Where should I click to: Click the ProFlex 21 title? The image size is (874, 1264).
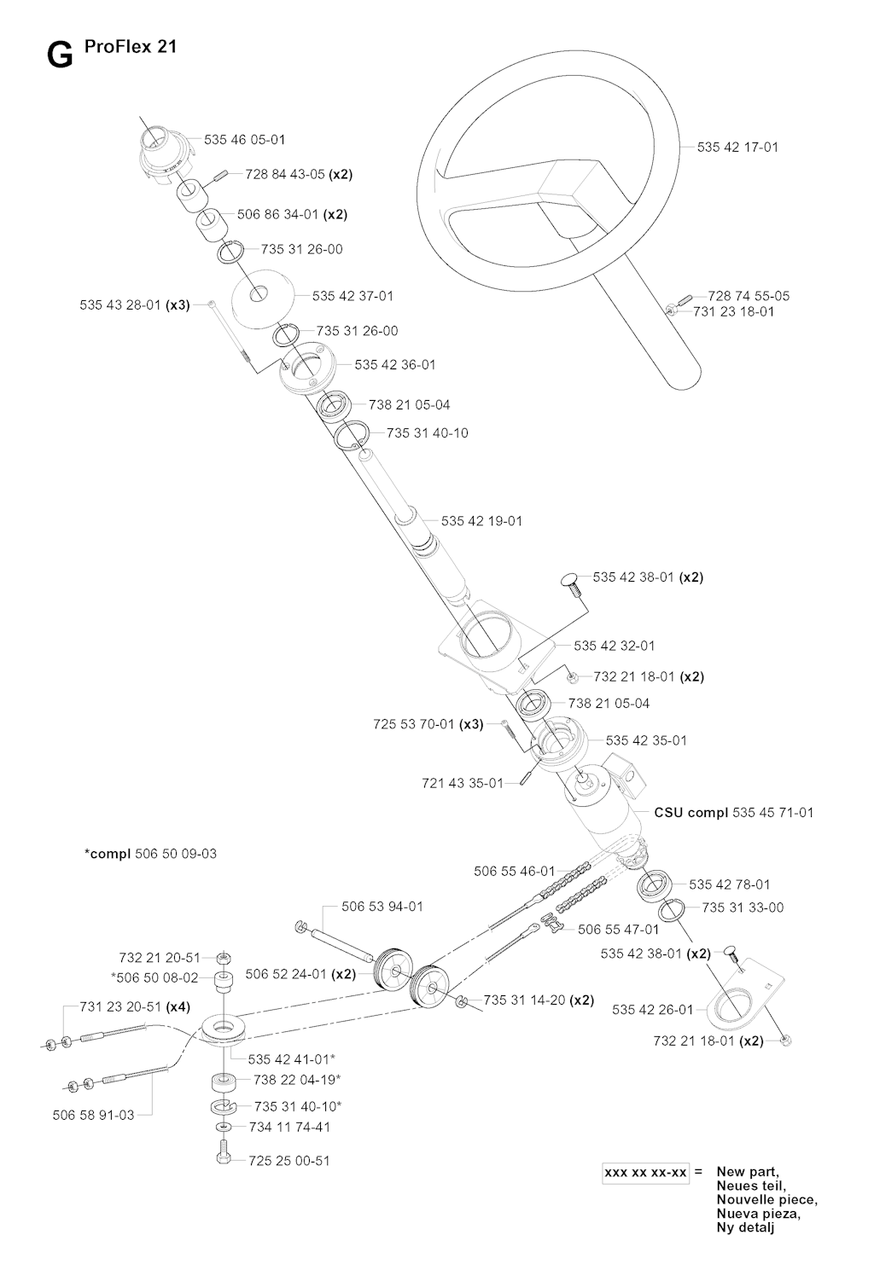tap(131, 46)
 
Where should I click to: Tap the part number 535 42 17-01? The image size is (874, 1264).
tap(737, 148)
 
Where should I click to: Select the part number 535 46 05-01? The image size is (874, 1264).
tap(244, 139)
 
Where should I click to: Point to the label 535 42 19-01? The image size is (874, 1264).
tap(481, 521)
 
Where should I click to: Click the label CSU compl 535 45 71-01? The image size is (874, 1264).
tap(734, 813)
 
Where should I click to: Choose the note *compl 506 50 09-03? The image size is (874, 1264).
tap(150, 853)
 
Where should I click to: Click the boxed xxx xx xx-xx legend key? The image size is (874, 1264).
tap(645, 1173)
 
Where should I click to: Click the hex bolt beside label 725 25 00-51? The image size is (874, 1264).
tap(224, 1154)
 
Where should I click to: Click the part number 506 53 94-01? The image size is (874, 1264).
tap(382, 907)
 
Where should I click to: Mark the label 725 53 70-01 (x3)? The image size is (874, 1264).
tap(428, 724)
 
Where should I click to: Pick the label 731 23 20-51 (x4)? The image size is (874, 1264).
tap(135, 1006)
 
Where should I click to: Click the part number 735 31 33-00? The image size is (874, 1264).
tap(743, 907)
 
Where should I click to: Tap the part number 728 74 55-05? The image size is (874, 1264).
tap(749, 296)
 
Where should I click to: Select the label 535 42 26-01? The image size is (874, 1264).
tap(653, 1010)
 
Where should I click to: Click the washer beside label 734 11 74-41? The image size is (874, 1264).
tap(224, 1127)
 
